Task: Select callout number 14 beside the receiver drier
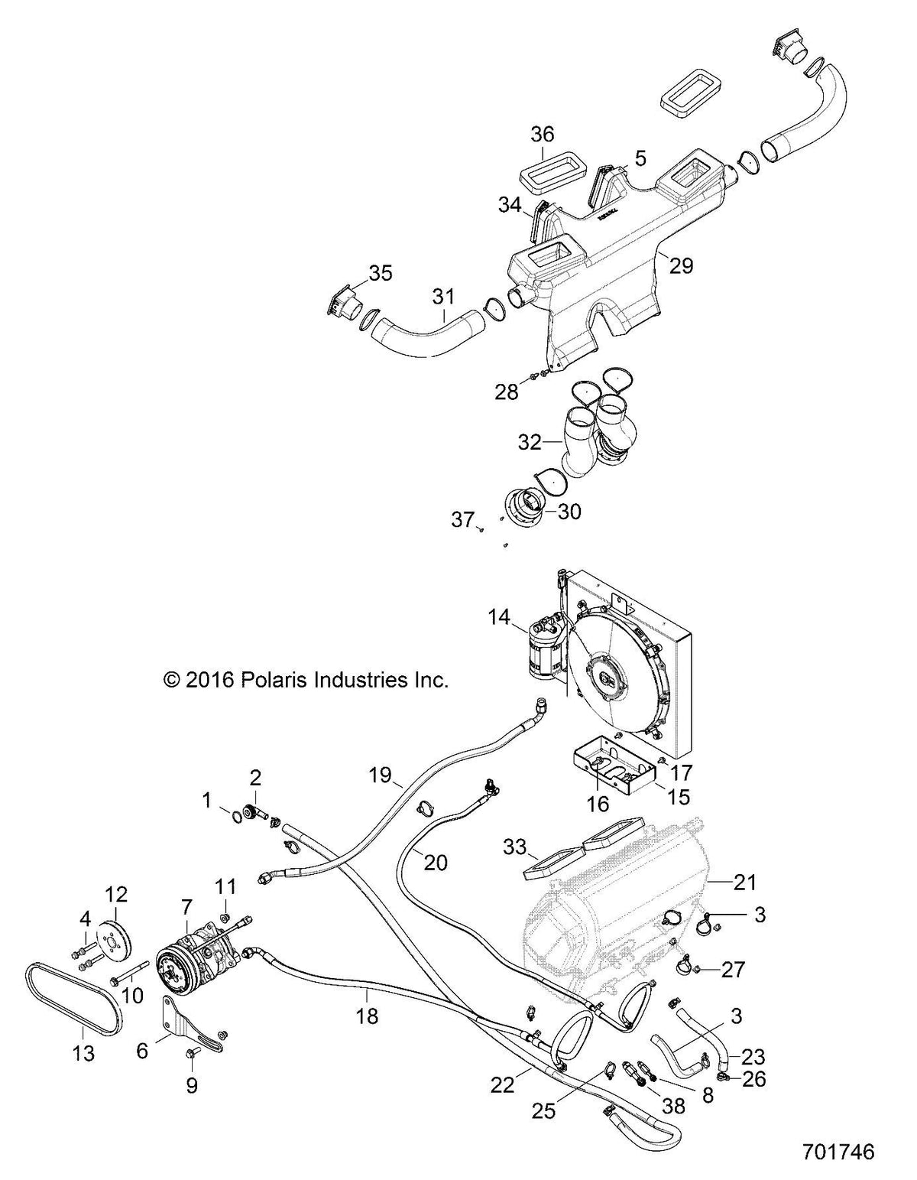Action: coord(499,617)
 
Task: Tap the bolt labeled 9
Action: coord(192,1052)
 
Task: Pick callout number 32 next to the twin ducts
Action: coord(530,443)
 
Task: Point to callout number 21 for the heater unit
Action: coord(745,883)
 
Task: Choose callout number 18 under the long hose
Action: coord(368,1016)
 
